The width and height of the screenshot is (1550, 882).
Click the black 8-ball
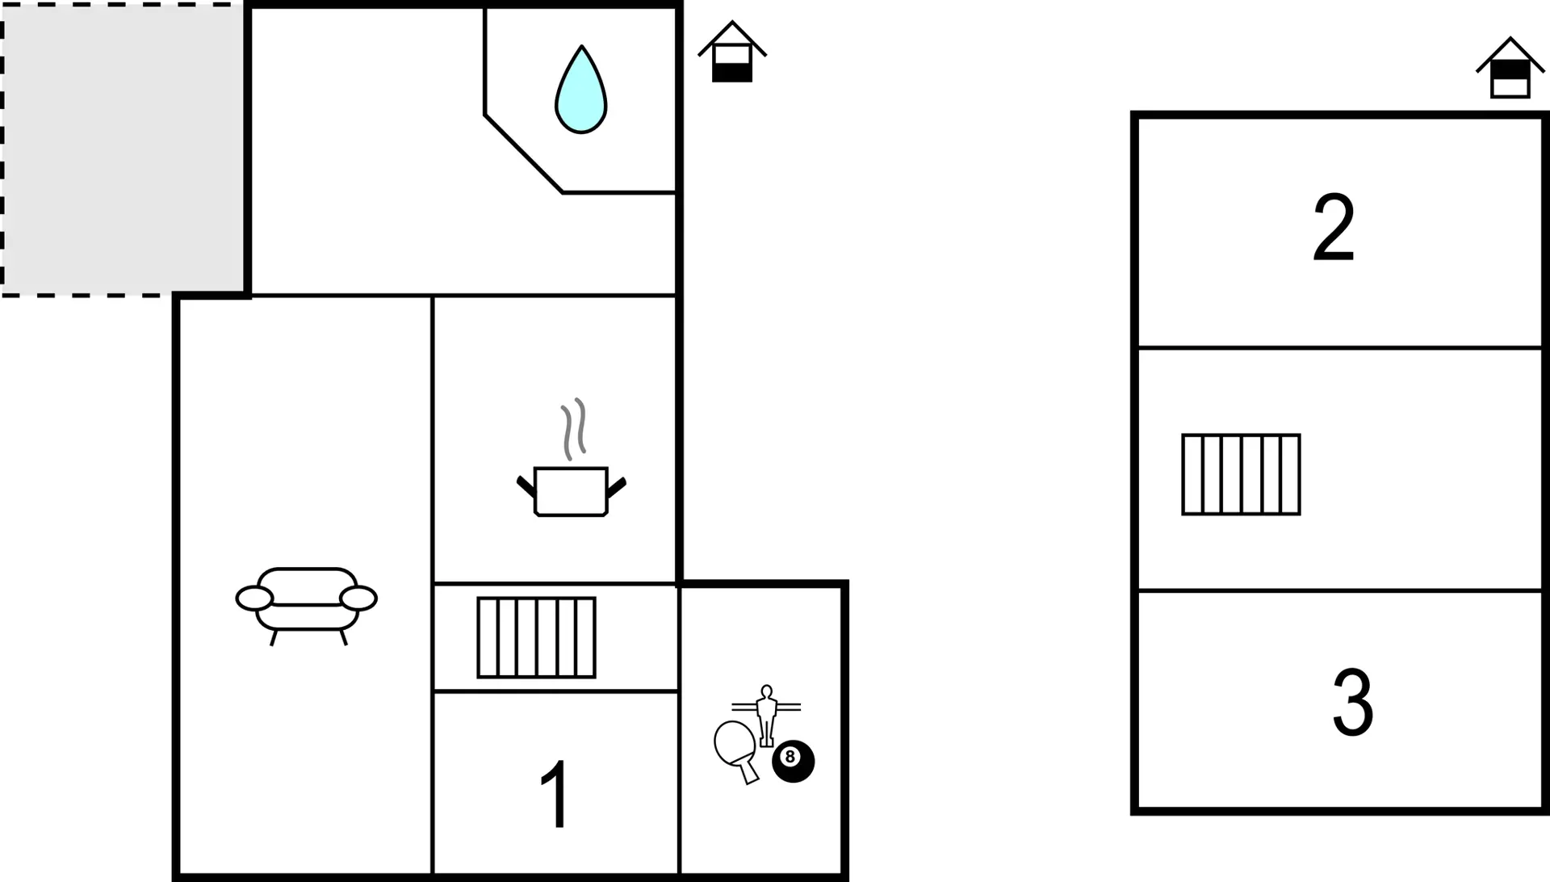[x=793, y=761]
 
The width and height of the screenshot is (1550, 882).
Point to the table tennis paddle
[x=736, y=747]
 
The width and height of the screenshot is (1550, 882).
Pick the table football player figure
[x=766, y=716]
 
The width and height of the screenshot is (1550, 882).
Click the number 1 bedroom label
[x=556, y=794]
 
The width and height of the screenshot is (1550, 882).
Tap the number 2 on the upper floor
[x=1334, y=227]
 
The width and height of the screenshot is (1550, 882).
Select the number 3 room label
[x=1353, y=702]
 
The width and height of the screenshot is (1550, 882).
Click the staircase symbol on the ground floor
[x=537, y=637]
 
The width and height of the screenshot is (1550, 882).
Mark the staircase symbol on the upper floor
[x=1242, y=474]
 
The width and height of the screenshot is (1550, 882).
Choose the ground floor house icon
[x=732, y=52]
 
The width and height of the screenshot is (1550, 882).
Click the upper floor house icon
[x=1510, y=68]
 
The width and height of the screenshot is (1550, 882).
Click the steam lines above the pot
[x=574, y=429]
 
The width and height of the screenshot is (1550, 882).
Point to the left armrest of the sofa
[x=254, y=598]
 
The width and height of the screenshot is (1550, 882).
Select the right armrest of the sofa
[x=358, y=598]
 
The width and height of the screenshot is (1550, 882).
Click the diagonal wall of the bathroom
[x=523, y=153]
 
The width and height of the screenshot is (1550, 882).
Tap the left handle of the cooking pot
[x=526, y=486]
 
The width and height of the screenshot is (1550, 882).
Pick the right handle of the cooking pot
[x=617, y=486]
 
